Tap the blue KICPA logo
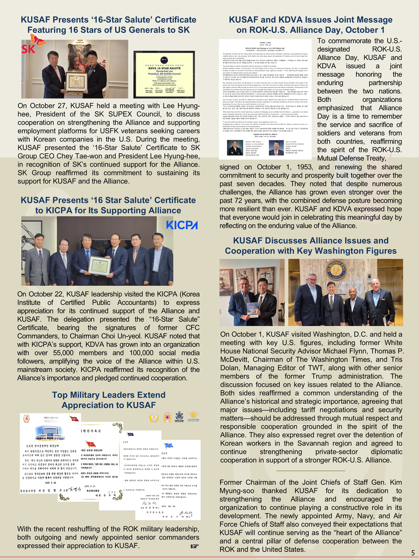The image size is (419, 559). pyautogui.click(x=182, y=225)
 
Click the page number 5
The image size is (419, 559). pyautogui.click(x=413, y=553)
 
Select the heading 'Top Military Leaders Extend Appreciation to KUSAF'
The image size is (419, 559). pyautogui.click(x=108, y=400)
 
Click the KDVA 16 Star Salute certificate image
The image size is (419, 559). pyautogui.click(x=164, y=75)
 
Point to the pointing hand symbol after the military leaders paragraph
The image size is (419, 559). pyautogui.click(x=194, y=546)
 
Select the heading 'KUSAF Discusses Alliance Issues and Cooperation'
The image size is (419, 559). pyautogui.click(x=310, y=246)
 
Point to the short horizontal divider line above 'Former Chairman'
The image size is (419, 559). pyautogui.click(x=310, y=471)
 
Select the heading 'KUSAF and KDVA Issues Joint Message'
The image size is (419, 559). pyautogui.click(x=310, y=25)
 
